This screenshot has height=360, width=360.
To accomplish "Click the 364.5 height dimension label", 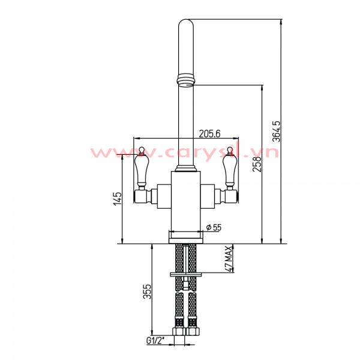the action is (277, 131).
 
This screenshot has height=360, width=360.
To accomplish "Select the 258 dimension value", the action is (257, 164).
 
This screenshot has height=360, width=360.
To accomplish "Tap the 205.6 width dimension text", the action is (209, 134).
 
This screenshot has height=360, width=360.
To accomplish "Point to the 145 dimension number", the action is (118, 199).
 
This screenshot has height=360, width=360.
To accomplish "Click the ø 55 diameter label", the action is (214, 227).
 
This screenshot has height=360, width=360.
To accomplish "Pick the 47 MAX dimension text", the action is (229, 259).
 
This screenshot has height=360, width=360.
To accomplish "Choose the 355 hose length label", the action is (148, 292).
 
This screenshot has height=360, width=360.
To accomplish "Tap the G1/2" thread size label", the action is (156, 341).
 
